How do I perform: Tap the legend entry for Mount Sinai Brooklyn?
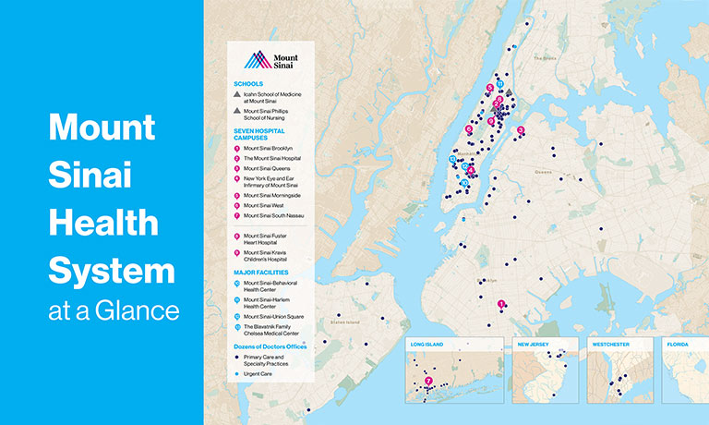pos(268,148)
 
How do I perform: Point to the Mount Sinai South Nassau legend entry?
pos(274,215)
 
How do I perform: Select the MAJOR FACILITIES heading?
pos(261,273)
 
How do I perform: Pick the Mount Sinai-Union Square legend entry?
pos(275,316)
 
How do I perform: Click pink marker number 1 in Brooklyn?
pos(501,304)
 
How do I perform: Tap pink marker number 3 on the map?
pos(521,130)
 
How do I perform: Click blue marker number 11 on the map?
pos(499,83)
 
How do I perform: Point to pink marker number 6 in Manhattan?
pos(469,130)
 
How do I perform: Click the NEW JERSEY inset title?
pos(535,344)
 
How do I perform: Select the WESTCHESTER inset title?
pos(610,344)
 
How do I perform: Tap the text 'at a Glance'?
pos(114,310)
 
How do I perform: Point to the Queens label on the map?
pos(543,172)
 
